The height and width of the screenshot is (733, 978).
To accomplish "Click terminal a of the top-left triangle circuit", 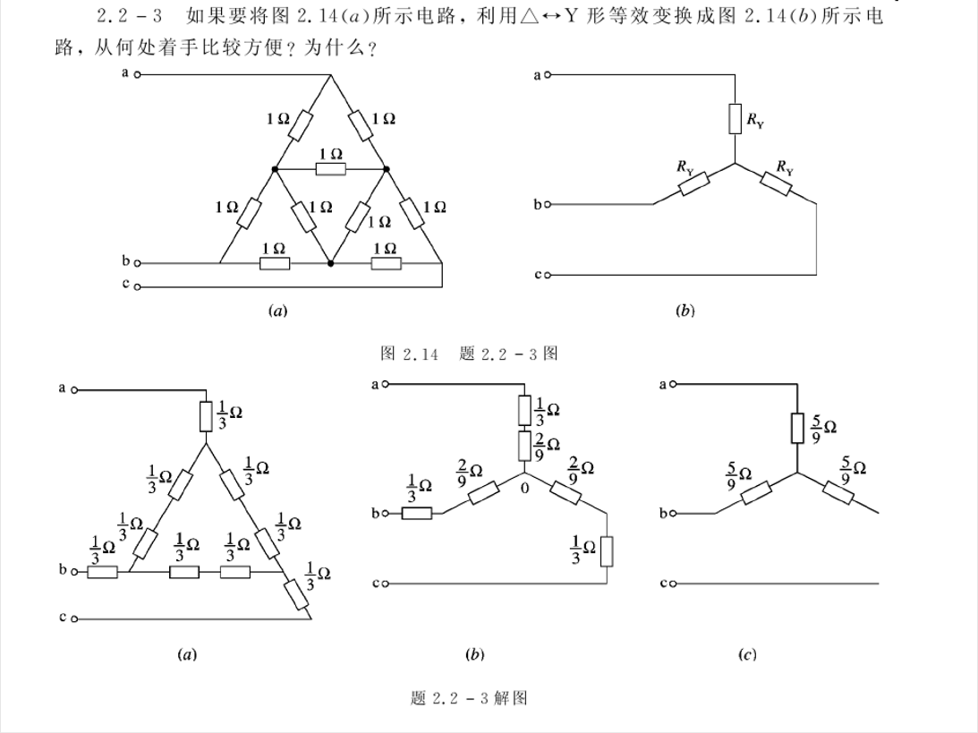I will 137,75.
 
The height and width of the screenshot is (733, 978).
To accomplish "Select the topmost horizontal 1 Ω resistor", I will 330,168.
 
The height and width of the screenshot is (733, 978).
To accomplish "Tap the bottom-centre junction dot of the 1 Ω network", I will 331,263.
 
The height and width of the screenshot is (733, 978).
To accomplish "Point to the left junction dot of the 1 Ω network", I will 275,168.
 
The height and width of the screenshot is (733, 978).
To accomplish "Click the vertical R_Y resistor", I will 735,118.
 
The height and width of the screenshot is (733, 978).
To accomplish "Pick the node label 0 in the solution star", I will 524,489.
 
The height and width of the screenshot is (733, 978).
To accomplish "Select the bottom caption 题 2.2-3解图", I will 469,698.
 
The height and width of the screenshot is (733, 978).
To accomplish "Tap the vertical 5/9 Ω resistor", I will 796,428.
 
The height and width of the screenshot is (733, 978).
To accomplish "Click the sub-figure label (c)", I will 747,655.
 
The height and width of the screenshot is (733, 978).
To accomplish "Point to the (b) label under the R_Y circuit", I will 686,311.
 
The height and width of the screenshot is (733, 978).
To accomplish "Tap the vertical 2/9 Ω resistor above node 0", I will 524,445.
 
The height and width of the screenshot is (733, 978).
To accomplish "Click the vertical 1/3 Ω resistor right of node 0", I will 608,550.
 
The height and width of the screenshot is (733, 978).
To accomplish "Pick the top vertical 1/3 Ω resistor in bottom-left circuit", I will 206,416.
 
